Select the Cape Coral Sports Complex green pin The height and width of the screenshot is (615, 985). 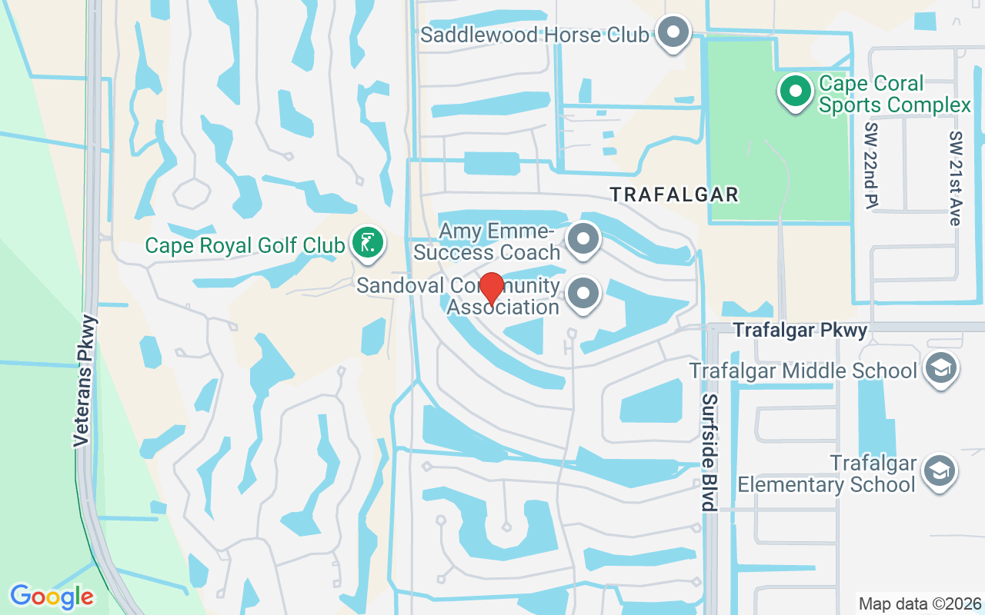796,91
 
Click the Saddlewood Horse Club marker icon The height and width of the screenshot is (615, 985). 675,33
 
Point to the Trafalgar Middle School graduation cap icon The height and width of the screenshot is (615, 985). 940,369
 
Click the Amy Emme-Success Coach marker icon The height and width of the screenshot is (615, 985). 583,239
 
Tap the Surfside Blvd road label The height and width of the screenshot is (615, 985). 710,453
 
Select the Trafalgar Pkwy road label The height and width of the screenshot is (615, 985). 800,330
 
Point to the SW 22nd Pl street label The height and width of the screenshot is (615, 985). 871,165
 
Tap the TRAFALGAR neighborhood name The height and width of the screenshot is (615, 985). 675,194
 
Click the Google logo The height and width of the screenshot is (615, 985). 52,596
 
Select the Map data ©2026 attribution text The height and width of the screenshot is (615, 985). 920,603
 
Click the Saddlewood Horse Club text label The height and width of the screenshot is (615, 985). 535,35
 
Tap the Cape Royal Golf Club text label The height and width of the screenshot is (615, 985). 245,245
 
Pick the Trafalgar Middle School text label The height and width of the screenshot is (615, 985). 803,371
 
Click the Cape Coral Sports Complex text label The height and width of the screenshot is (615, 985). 894,94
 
